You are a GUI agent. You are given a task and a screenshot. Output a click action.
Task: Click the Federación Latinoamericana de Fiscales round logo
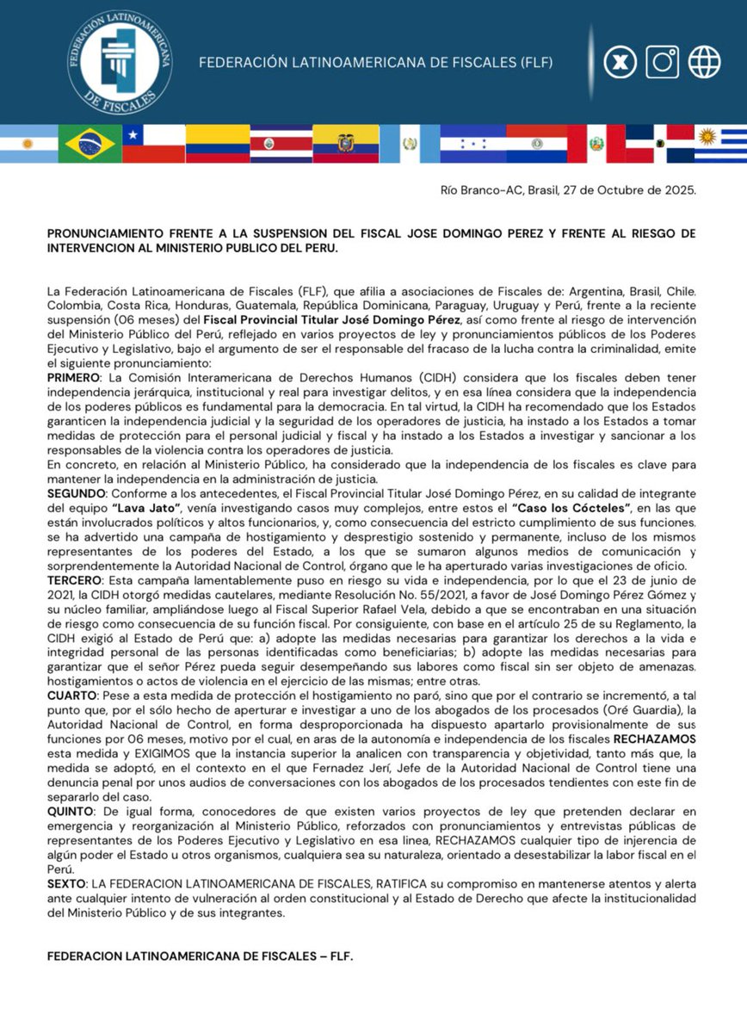(x=119, y=62)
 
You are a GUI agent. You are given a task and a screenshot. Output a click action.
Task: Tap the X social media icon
(x=619, y=62)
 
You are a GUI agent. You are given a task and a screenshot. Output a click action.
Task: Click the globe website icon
(x=704, y=62)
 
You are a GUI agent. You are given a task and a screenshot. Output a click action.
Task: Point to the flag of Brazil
(x=90, y=144)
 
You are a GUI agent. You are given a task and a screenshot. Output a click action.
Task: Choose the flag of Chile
(x=153, y=144)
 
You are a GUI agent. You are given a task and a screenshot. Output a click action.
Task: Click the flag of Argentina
(x=28, y=144)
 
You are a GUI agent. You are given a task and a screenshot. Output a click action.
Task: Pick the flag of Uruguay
(x=719, y=144)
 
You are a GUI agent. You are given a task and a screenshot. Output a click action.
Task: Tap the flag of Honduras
(x=472, y=144)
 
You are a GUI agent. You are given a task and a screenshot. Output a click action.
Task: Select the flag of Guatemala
(x=409, y=144)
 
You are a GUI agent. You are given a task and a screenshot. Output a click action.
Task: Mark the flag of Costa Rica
(x=281, y=144)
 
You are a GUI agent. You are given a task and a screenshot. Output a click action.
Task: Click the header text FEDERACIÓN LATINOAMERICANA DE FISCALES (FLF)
(x=375, y=63)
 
